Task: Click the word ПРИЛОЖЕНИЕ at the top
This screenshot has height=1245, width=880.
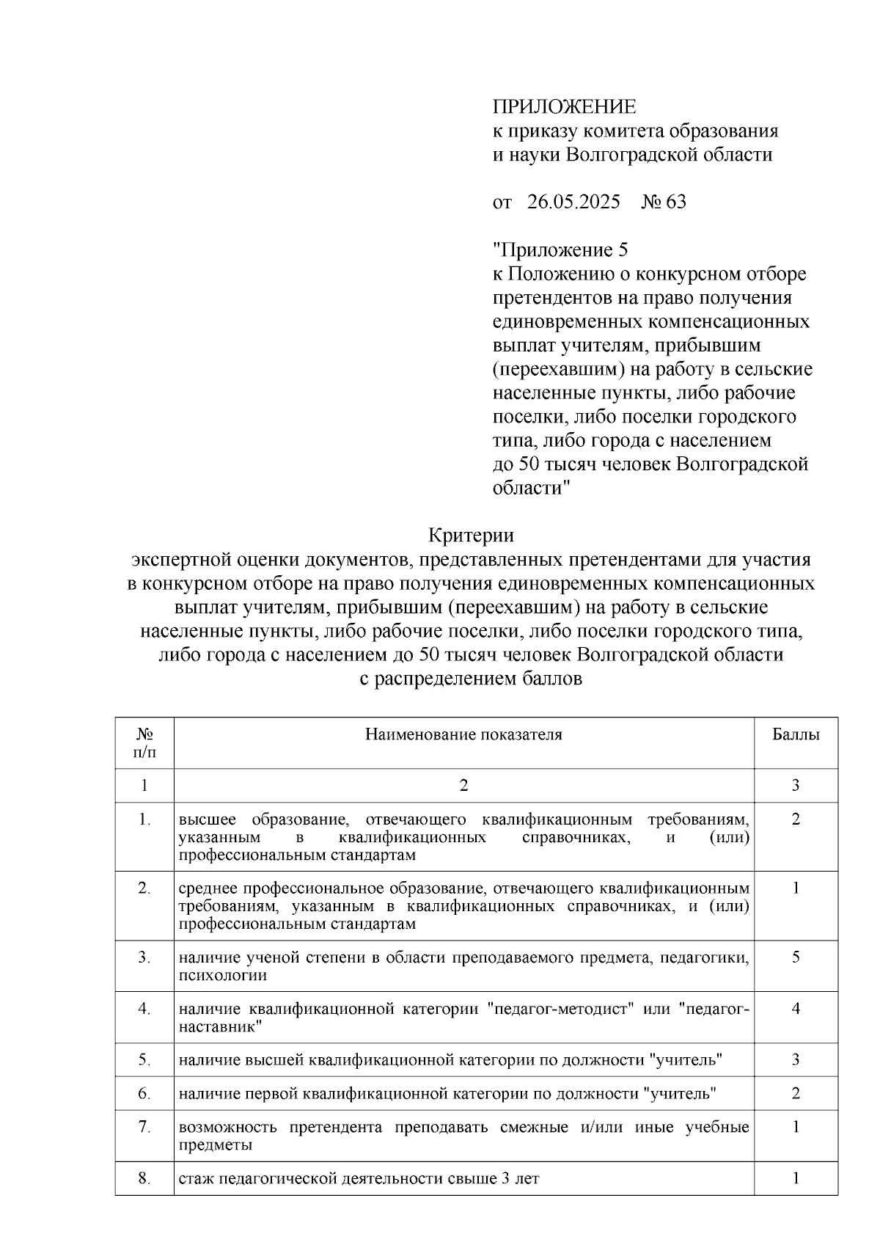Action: pyautogui.click(x=563, y=107)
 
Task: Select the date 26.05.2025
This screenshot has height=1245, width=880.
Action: pyautogui.click(x=573, y=202)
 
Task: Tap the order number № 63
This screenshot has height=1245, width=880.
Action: pyautogui.click(x=664, y=202)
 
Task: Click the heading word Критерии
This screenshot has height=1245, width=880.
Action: pyautogui.click(x=470, y=536)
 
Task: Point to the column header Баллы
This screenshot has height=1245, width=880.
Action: pyautogui.click(x=796, y=734)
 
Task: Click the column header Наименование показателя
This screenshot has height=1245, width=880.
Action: pyautogui.click(x=463, y=734)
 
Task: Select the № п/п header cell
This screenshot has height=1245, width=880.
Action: pyautogui.click(x=144, y=742)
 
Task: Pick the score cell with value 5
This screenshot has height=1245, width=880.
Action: pyautogui.click(x=796, y=957)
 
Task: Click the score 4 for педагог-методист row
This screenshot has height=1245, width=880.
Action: pyautogui.click(x=796, y=1009)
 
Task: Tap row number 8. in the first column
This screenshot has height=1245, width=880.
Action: pyautogui.click(x=144, y=1179)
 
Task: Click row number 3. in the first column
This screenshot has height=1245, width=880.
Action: pyautogui.click(x=144, y=957)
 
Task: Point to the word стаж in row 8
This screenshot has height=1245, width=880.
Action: pyautogui.click(x=197, y=1179)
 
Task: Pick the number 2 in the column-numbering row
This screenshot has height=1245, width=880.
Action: pyautogui.click(x=463, y=786)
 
